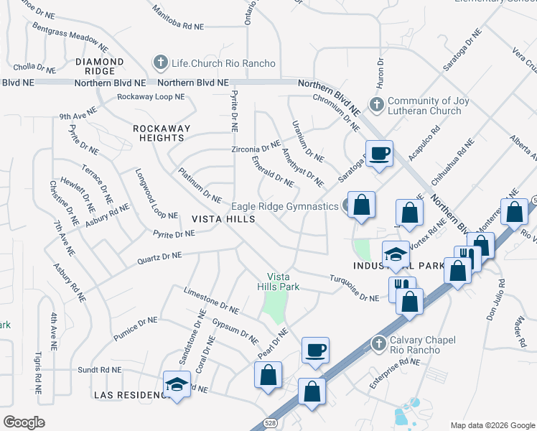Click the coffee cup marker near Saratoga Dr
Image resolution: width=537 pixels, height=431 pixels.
tap(379, 152)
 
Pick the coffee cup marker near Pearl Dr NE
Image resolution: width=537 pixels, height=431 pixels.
tap(315, 351)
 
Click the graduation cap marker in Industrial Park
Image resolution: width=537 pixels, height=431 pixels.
tap(395, 254)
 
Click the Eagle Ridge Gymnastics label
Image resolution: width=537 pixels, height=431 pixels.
tap(284, 206)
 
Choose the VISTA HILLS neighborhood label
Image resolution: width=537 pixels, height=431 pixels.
tap(223, 219)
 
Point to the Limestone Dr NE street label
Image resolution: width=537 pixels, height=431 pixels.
tap(211, 301)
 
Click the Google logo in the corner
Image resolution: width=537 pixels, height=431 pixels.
tap(25, 422)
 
